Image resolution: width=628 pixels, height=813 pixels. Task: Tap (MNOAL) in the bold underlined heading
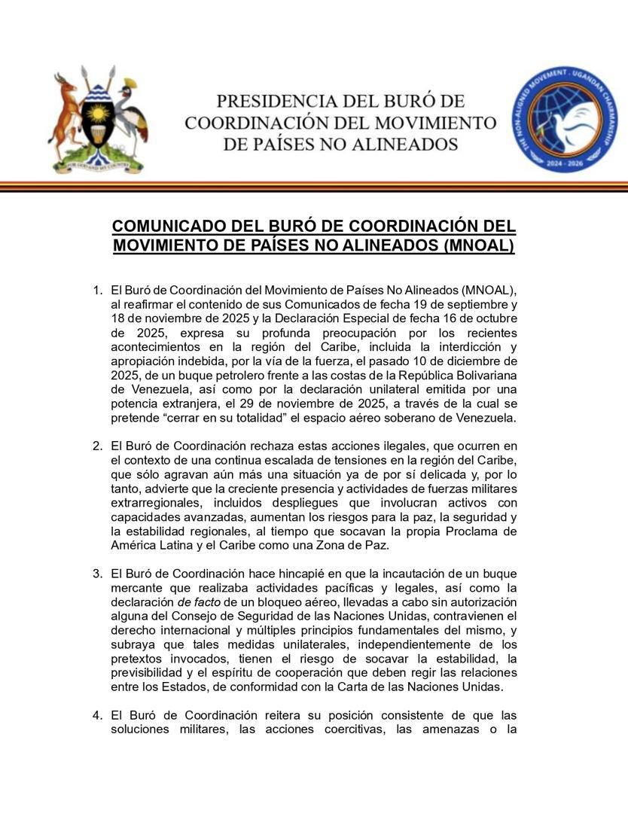click(x=478, y=245)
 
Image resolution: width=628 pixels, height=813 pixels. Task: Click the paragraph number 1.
click(x=96, y=290)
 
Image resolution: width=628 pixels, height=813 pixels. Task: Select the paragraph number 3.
click(x=96, y=574)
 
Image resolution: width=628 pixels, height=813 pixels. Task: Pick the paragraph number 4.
click(x=96, y=715)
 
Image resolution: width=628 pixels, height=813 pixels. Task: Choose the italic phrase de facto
click(x=195, y=601)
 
